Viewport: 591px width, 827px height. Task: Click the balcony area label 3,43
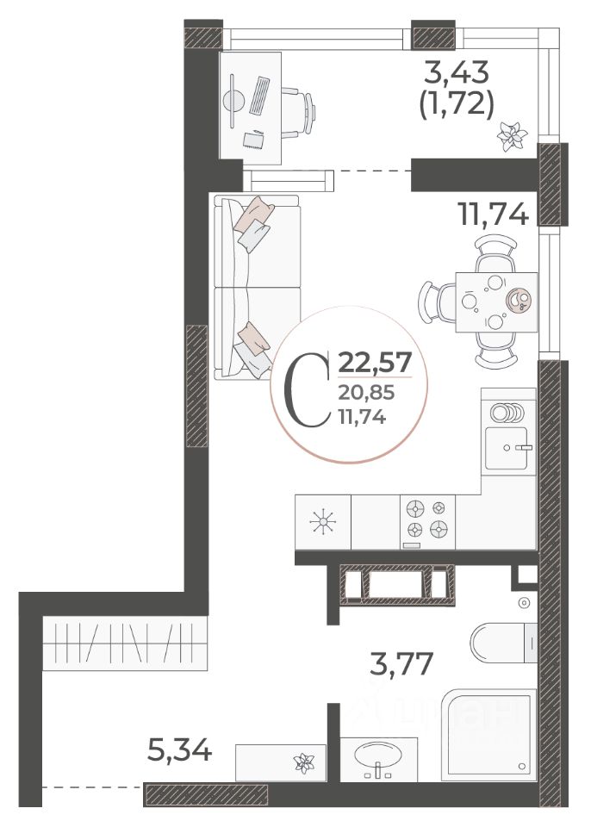457,72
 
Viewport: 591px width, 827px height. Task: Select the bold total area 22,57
375,364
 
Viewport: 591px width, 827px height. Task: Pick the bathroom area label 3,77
401,663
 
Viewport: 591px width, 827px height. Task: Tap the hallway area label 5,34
179,749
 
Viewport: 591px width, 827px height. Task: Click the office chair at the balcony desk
298,113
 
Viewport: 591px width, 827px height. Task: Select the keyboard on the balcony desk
259,96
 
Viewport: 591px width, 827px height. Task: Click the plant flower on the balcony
512,135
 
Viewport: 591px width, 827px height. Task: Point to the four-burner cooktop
427,522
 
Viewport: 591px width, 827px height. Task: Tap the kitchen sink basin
506,448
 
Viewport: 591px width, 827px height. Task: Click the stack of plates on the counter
507,413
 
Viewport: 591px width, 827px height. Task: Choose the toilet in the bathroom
503,643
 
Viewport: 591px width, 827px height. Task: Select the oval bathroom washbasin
378,755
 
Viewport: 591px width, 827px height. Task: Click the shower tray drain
522,766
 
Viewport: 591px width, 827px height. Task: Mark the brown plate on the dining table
518,300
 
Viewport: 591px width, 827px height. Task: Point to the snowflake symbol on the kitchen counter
323,522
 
